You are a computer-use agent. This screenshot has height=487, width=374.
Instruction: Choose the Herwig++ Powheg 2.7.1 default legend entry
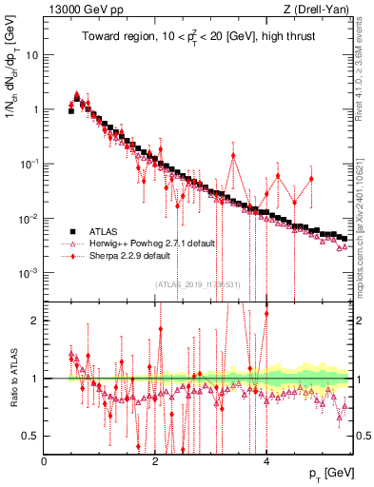[x=150, y=243]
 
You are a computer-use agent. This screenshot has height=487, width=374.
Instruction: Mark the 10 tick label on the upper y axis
[x=32, y=54]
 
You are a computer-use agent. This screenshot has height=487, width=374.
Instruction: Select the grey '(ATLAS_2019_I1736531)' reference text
[x=197, y=282]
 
